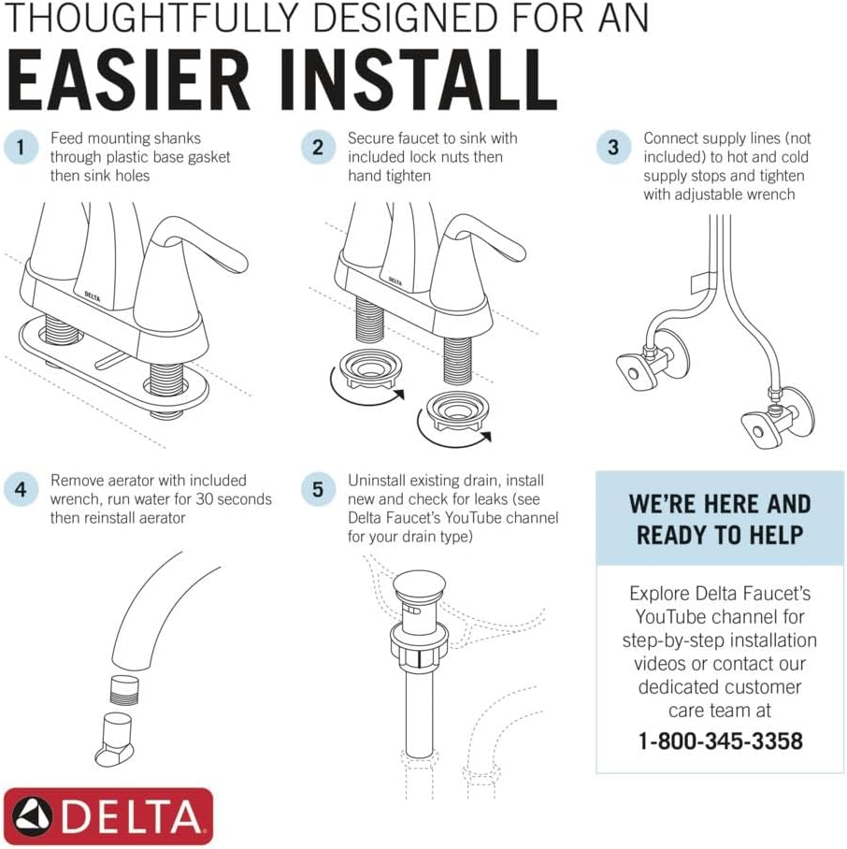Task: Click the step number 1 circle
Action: (20, 147)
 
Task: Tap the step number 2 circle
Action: (318, 147)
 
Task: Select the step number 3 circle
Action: (613, 147)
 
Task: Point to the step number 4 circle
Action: (20, 489)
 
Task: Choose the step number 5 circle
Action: (318, 489)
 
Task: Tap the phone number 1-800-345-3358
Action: (720, 741)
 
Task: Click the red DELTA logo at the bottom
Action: (108, 816)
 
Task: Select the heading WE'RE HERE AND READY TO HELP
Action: (720, 519)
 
